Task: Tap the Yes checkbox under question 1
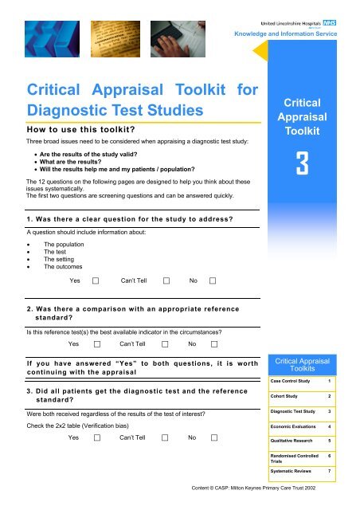pos(96,280)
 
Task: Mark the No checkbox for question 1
pos(213,280)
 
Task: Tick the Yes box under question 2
pos(96,344)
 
